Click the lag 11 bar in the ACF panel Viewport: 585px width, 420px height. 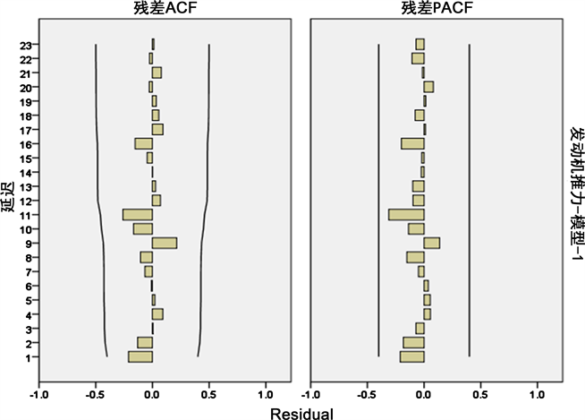click(x=138, y=215)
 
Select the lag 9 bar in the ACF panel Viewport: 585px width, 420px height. click(x=165, y=243)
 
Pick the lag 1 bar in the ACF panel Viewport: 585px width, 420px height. click(x=140, y=356)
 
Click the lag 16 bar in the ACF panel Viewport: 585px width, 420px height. click(x=144, y=143)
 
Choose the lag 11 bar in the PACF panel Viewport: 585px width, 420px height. click(x=407, y=215)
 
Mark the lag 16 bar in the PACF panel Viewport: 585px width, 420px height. click(x=413, y=143)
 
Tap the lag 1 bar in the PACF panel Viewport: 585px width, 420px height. click(x=412, y=356)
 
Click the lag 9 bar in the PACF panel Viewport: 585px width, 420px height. click(x=432, y=243)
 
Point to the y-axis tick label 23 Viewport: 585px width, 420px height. click(x=29, y=44)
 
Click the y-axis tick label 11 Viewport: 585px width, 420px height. click(x=29, y=215)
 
